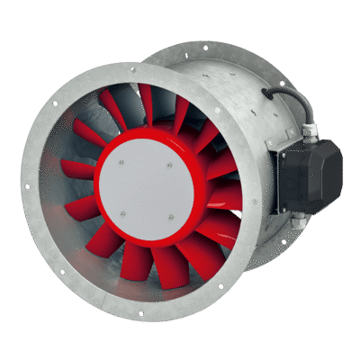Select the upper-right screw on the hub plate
(168, 164)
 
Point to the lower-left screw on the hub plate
(123, 213)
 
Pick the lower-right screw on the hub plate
(168, 215)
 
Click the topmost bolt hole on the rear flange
(209, 42)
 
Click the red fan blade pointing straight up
(144, 103)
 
